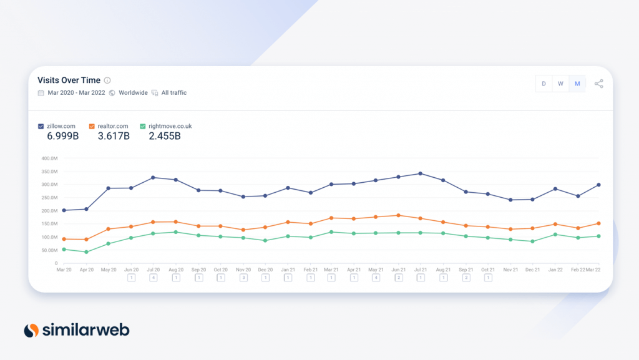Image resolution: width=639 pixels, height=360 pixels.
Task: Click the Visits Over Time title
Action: point(69,80)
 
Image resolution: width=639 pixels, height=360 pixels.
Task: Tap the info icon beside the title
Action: point(107,80)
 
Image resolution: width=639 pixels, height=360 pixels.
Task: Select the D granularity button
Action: point(544,84)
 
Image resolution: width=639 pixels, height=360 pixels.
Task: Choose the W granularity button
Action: point(560,84)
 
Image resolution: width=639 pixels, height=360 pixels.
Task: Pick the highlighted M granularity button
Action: point(577,84)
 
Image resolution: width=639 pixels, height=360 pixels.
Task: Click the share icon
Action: point(598,84)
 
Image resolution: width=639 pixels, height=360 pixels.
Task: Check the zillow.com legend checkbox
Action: point(41,126)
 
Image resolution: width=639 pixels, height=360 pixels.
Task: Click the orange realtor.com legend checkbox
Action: point(92,126)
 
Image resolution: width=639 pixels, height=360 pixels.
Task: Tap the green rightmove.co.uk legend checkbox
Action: point(143,126)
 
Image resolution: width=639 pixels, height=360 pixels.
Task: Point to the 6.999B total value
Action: point(63,136)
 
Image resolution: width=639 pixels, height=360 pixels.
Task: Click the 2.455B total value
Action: point(165,136)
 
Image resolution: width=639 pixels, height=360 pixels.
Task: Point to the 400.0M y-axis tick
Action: point(49,158)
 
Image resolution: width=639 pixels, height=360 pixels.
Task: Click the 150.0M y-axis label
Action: point(49,224)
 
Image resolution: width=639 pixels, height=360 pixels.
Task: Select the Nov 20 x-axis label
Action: point(243,270)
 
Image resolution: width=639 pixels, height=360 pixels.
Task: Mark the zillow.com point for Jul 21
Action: point(421,174)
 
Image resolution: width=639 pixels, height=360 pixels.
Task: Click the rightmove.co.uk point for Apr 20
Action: point(86,252)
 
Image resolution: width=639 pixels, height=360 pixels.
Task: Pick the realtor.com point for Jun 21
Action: point(399,215)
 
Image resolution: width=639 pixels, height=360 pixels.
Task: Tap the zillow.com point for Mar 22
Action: point(598,185)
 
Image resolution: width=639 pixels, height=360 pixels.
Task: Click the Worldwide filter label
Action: point(134,93)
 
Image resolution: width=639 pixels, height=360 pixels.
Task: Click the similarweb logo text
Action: point(86,330)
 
